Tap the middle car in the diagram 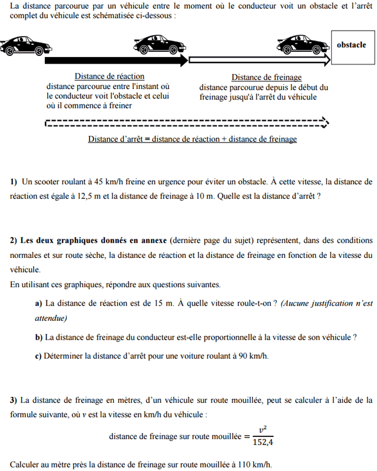click(158, 45)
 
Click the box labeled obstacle click(351, 45)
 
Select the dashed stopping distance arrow click(186, 123)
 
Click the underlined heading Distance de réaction click(109, 77)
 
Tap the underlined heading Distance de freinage click(266, 77)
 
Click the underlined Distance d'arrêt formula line click(192, 140)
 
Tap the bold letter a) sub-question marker click(39, 303)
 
